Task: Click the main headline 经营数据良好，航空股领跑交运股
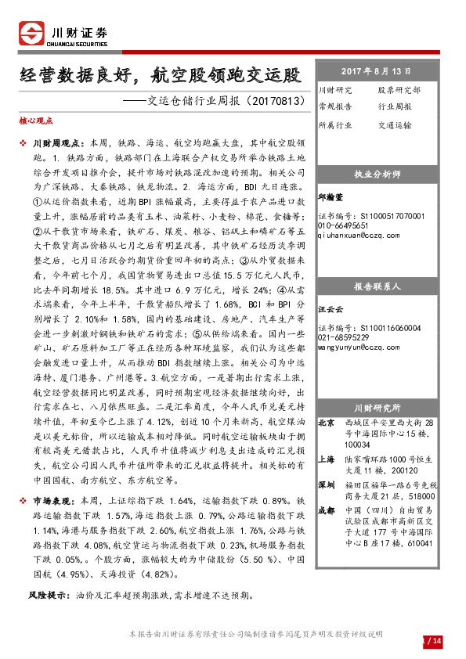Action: [x=161, y=76]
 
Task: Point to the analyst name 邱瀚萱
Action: [x=330, y=199]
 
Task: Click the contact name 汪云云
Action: [x=330, y=311]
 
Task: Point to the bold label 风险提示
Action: [x=46, y=595]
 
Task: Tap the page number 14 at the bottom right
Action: [x=436, y=642]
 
